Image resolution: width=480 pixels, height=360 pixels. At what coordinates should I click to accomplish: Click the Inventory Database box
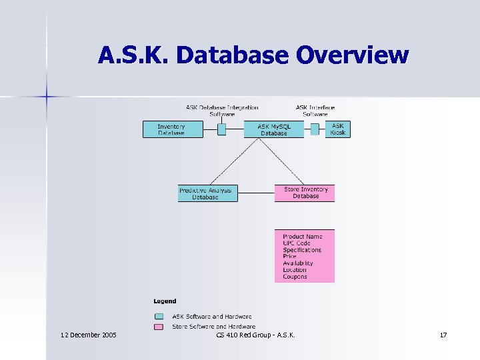[173, 129]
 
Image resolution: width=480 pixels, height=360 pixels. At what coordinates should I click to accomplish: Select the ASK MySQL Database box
[273, 129]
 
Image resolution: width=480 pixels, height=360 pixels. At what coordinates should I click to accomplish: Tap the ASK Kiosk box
[338, 129]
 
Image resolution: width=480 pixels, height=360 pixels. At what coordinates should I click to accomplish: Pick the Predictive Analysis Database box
[207, 193]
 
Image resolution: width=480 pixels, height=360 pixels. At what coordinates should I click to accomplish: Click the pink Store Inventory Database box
[305, 193]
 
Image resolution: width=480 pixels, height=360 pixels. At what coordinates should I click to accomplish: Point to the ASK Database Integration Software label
[222, 111]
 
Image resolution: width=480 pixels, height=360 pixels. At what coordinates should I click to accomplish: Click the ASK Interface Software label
[315, 111]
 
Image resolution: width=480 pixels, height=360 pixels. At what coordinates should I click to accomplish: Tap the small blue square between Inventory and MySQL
[222, 129]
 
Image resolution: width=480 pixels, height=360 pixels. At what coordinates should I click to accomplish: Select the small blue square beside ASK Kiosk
[315, 129]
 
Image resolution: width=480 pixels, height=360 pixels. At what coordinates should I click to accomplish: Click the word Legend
[165, 301]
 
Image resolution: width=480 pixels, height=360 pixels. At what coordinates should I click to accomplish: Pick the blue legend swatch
[159, 317]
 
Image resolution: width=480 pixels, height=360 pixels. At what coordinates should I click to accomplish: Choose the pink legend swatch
[159, 327]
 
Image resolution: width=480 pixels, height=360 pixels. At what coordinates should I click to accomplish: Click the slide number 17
[443, 334]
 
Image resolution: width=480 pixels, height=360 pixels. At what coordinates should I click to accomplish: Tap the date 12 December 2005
[88, 334]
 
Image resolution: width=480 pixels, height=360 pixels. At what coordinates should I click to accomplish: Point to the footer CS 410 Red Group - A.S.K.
[256, 334]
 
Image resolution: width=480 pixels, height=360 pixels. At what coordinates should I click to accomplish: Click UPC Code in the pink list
[297, 243]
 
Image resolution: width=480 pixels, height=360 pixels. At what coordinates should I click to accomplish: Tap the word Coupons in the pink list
[295, 277]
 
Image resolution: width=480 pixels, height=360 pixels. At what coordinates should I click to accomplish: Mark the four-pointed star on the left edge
[47, 97]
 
